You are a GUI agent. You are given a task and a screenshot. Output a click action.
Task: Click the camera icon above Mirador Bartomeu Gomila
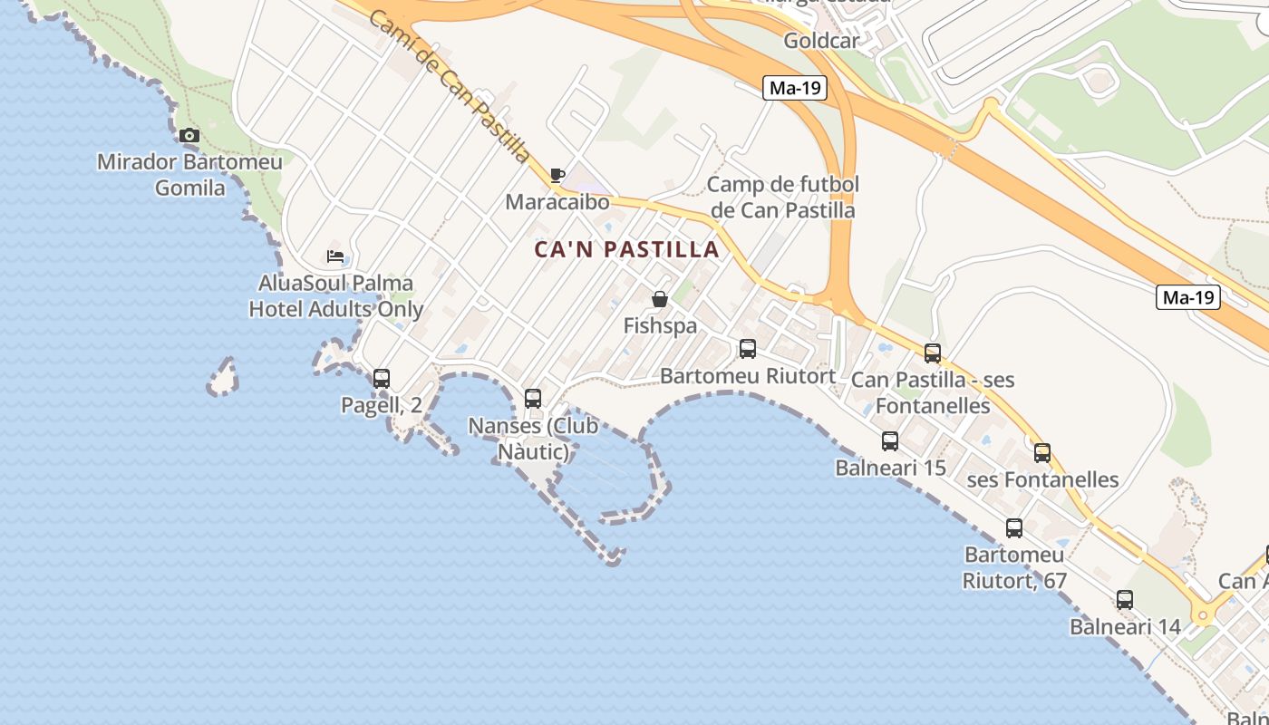[189, 136]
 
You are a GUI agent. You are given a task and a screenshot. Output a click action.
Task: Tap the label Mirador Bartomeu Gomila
[189, 175]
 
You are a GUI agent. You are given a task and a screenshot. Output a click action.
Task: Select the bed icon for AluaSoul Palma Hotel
[335, 256]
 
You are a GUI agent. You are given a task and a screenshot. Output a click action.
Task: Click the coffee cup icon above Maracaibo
[557, 175]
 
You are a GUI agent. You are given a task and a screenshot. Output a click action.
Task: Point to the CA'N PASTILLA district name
[626, 249]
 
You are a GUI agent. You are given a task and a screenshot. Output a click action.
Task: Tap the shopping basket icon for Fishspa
[660, 299]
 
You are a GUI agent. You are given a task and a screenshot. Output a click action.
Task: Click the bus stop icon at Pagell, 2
[382, 378]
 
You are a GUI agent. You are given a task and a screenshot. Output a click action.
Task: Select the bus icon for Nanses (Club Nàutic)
[533, 398]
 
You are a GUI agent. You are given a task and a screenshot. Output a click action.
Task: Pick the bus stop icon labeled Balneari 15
[890, 441]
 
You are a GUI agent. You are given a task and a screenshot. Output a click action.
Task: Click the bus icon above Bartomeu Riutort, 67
[1014, 527]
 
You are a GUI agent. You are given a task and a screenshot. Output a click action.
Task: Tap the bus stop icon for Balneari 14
[1125, 599]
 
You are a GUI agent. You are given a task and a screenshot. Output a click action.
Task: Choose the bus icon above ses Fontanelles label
[1042, 452]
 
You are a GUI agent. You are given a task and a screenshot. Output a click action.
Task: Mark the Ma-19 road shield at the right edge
[1188, 296]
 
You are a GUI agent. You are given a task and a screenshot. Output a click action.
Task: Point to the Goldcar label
[821, 41]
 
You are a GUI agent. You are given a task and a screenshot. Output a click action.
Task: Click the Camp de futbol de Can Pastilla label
[782, 198]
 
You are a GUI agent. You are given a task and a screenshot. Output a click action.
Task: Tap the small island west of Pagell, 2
[223, 377]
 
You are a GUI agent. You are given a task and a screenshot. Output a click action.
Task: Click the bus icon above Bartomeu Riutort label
[748, 349]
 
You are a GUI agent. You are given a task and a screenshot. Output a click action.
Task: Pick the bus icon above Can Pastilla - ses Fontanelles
[933, 353]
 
